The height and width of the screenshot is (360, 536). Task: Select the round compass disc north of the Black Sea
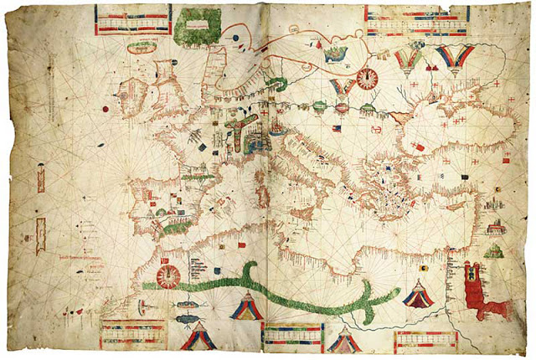tap(367, 79)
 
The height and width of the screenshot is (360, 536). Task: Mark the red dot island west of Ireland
tap(107, 108)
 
